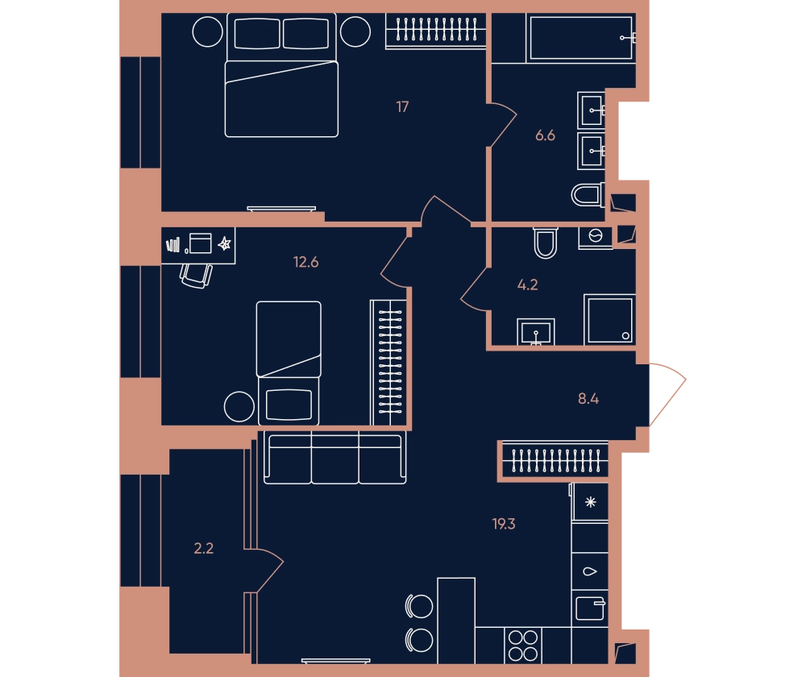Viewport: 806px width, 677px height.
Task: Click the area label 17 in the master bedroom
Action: click(402, 107)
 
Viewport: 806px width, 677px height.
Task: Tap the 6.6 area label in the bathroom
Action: click(545, 135)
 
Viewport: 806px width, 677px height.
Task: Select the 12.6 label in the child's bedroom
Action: click(305, 262)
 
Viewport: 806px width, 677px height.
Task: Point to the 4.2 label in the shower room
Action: click(527, 285)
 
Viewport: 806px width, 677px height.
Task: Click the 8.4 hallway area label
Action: click(588, 398)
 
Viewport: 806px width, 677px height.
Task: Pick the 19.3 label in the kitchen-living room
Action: click(504, 524)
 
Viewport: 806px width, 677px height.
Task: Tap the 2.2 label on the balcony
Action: click(204, 549)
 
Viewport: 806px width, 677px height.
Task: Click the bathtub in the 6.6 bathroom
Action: click(581, 38)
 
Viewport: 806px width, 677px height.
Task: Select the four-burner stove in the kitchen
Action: click(523, 646)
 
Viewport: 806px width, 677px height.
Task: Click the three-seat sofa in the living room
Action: click(335, 458)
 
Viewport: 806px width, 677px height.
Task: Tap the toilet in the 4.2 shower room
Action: click(546, 243)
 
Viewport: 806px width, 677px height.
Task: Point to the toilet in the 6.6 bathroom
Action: click(588, 195)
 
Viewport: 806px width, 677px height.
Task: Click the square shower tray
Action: click(609, 319)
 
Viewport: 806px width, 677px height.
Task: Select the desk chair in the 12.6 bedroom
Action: click(196, 276)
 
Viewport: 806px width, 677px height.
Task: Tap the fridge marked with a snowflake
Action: click(590, 502)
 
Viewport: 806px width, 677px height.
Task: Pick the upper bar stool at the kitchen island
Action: click(419, 607)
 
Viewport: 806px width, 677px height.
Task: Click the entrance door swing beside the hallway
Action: click(667, 395)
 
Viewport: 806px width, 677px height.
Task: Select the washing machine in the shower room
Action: click(596, 238)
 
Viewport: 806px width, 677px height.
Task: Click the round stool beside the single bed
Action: click(239, 407)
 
